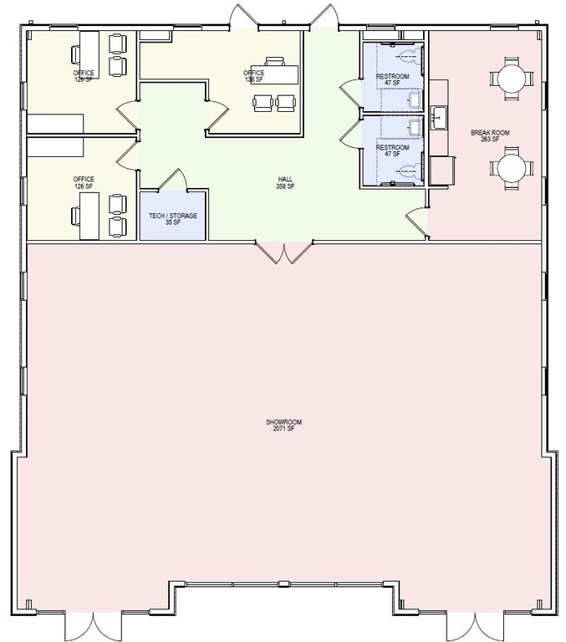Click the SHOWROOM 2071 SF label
tap(283, 425)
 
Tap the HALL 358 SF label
tap(285, 182)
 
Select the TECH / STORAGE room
tap(172, 215)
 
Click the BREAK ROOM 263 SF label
tap(490, 136)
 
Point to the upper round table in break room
tap(512, 79)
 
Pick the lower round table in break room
tap(512, 167)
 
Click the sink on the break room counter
tap(439, 118)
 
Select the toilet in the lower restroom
tap(410, 169)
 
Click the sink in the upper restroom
tap(416, 100)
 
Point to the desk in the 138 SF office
tap(275, 74)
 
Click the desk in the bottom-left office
tap(89, 216)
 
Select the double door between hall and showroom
tap(284, 252)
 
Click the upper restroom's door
tap(350, 94)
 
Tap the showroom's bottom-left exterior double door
tap(94, 627)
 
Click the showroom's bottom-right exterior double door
tap(475, 627)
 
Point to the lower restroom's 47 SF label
tap(393, 154)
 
